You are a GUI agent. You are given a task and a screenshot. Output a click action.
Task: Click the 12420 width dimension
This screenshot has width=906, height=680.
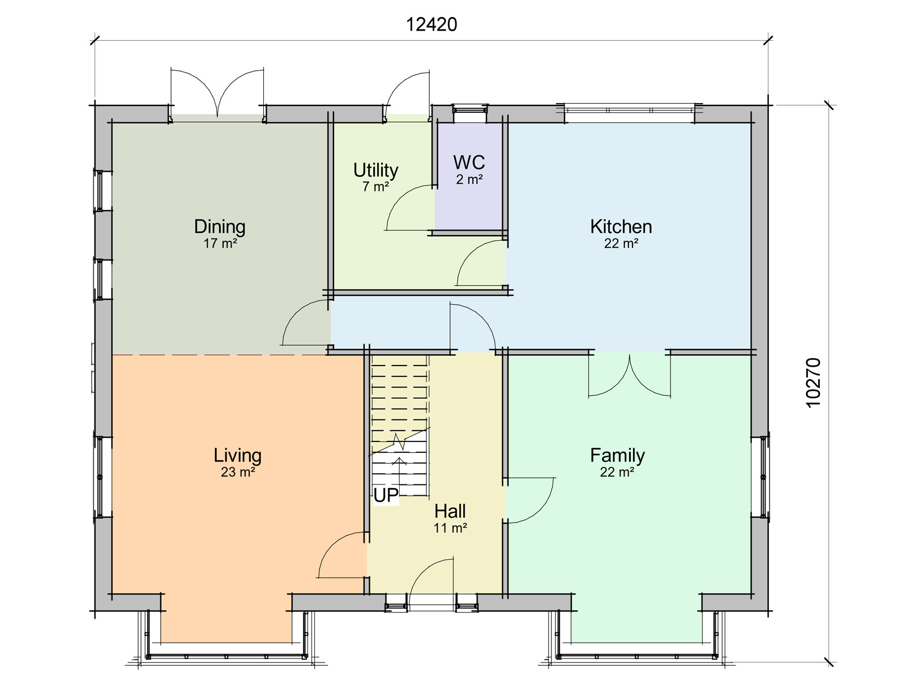coord(431,25)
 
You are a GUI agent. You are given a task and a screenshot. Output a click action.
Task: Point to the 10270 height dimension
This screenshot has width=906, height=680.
coord(813,382)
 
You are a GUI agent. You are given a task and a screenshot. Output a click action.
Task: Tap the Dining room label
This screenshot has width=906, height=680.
coord(220,227)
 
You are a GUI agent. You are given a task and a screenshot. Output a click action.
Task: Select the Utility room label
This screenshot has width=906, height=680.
coord(375,170)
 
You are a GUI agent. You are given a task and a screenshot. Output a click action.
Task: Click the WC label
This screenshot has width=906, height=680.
coord(469,162)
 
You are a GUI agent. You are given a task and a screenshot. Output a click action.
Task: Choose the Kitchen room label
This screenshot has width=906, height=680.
coord(621,227)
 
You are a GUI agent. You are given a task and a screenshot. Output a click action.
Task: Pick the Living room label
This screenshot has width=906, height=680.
coord(237,456)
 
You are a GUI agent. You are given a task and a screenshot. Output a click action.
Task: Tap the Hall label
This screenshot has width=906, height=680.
coord(450,512)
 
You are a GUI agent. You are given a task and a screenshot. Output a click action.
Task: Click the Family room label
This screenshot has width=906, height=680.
coord(617,456)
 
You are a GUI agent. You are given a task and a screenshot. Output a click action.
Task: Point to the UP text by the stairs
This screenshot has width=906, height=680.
coord(386,495)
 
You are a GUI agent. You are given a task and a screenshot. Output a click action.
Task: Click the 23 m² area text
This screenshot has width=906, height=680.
coord(238,472)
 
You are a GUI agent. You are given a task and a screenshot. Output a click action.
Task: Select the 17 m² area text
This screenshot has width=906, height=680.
coord(220,244)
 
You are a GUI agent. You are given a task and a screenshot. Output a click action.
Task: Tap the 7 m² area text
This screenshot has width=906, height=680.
coord(375,186)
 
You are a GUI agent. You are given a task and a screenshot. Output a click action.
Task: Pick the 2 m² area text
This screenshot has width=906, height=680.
coord(469,179)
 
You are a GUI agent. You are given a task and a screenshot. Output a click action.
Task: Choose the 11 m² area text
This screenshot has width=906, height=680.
coord(450,528)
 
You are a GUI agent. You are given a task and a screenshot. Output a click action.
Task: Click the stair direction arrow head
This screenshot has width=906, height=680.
coord(399,461)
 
